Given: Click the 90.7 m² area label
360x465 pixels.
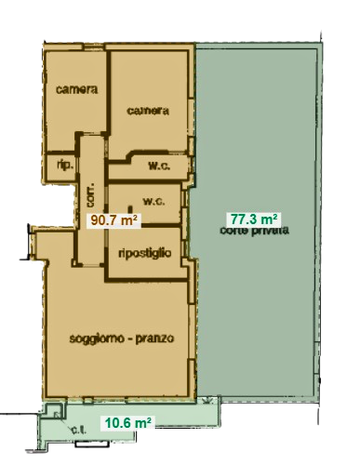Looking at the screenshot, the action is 113,220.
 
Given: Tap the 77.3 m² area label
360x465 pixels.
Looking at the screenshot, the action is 254,219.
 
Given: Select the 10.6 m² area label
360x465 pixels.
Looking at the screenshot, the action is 127,422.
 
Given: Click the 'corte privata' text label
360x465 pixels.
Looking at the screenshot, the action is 254,231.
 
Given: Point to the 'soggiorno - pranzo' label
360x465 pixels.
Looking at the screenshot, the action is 122,339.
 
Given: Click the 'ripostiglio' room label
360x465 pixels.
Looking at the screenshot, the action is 145,253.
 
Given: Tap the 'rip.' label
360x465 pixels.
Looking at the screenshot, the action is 65,166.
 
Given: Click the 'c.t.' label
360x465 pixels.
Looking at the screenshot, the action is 79,430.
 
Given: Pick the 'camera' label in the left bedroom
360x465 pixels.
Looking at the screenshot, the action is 76,89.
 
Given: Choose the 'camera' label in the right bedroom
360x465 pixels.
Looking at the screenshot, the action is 148,111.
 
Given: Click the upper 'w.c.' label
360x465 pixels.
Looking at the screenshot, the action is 159,166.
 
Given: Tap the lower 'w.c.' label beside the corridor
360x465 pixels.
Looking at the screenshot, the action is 153,202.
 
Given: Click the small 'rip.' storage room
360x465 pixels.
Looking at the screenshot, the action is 60,167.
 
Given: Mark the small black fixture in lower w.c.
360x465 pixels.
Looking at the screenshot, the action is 130,209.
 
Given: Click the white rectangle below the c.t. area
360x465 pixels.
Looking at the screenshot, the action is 92,444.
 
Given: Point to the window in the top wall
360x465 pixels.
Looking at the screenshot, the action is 93,47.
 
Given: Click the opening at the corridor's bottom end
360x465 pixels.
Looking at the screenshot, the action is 90,265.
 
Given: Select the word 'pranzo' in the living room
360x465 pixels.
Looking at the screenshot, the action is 154,339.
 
